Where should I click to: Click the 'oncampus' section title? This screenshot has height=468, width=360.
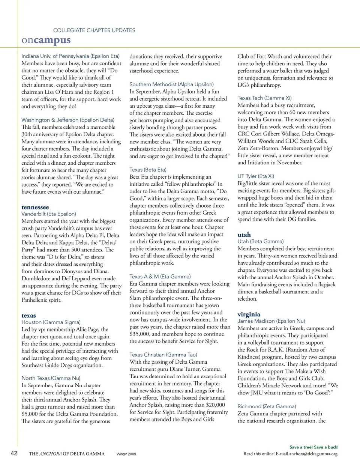(46, 40)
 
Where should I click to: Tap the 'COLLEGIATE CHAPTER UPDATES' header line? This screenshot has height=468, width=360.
(94, 30)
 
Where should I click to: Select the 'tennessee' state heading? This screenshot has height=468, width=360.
(35, 207)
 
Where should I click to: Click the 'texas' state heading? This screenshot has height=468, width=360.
(29, 316)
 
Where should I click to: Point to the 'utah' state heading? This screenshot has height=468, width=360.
(244, 235)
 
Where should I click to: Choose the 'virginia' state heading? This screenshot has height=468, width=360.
(249, 315)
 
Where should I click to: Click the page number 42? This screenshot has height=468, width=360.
(14, 453)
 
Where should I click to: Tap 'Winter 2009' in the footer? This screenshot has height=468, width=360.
(126, 454)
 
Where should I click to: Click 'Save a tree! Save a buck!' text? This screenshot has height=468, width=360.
(314, 447)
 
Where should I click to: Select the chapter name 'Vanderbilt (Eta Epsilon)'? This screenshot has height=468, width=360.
(49, 214)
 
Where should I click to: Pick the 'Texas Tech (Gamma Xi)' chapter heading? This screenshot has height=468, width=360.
(264, 98)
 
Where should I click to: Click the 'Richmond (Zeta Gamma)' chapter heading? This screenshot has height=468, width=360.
(267, 406)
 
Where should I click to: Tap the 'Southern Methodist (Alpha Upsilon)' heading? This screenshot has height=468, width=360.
(171, 84)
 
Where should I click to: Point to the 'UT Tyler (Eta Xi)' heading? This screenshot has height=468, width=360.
(256, 176)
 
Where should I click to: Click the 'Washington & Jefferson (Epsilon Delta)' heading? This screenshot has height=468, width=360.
(68, 120)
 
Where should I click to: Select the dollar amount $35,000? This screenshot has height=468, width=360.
(139, 334)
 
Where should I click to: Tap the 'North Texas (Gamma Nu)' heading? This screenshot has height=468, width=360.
(51, 378)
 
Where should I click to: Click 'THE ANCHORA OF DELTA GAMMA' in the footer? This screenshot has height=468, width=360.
(67, 454)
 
